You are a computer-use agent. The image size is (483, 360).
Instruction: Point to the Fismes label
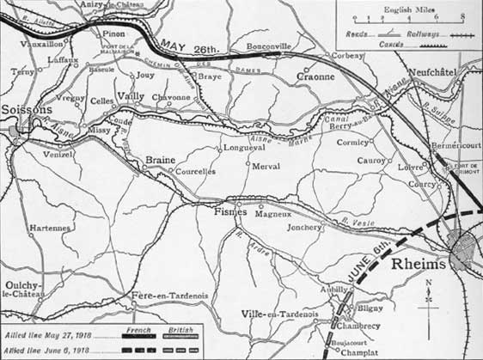pos(230,211)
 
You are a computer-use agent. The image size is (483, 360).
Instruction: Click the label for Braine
pos(160,161)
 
